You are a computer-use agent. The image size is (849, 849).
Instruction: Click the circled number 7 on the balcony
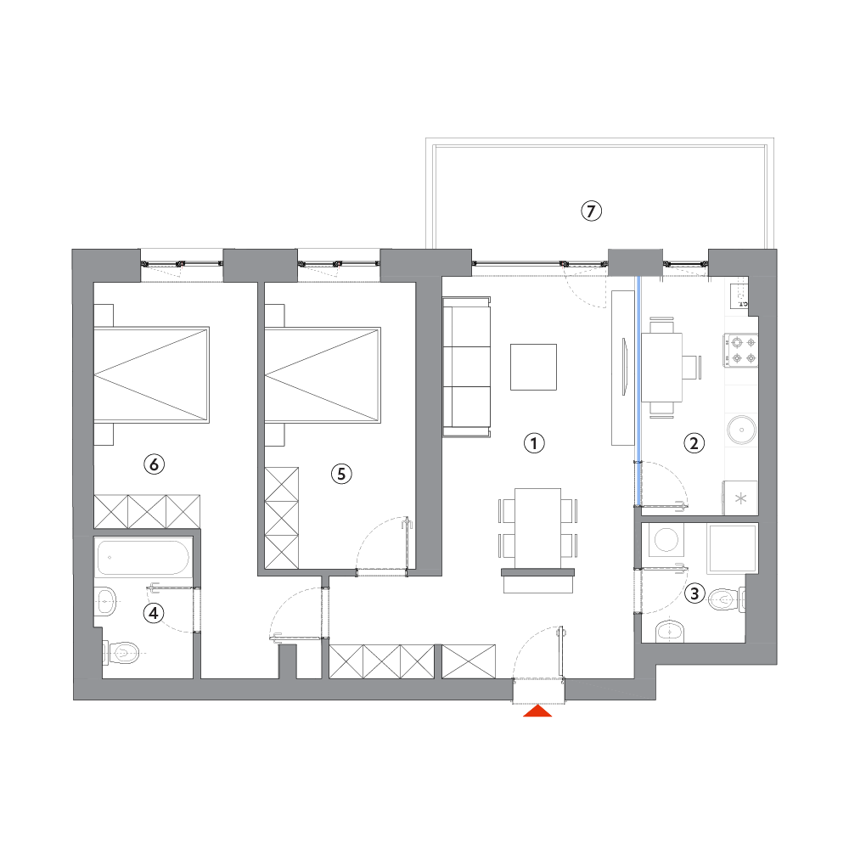coord(591,211)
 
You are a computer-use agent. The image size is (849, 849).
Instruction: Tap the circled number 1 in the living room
coord(534,443)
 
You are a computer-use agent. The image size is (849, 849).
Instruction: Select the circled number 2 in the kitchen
coord(694,443)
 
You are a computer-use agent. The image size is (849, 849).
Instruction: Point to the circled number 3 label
coord(694,593)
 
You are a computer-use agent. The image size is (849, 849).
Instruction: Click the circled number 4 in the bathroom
coord(154,613)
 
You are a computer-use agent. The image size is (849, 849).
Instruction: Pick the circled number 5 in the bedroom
coord(341,474)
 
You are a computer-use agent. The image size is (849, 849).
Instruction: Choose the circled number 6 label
coord(155,464)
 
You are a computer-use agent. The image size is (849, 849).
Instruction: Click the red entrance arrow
coord(537,711)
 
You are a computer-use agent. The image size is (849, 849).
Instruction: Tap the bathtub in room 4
coord(143,557)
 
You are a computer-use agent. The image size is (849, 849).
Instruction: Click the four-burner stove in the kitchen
coord(741,350)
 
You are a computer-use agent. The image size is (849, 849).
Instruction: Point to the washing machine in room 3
coord(666,540)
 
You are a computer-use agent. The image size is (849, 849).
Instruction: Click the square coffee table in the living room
coord(533,367)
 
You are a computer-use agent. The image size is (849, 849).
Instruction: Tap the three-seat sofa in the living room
coord(467,367)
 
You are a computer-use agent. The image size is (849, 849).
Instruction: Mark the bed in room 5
coord(323,374)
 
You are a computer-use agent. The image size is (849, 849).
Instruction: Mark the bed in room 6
coord(152,374)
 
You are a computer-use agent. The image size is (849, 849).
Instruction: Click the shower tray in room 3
coord(734,548)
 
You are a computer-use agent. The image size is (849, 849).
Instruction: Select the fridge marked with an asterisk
coord(740,498)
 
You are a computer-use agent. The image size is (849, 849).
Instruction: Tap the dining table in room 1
coord(537,528)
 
